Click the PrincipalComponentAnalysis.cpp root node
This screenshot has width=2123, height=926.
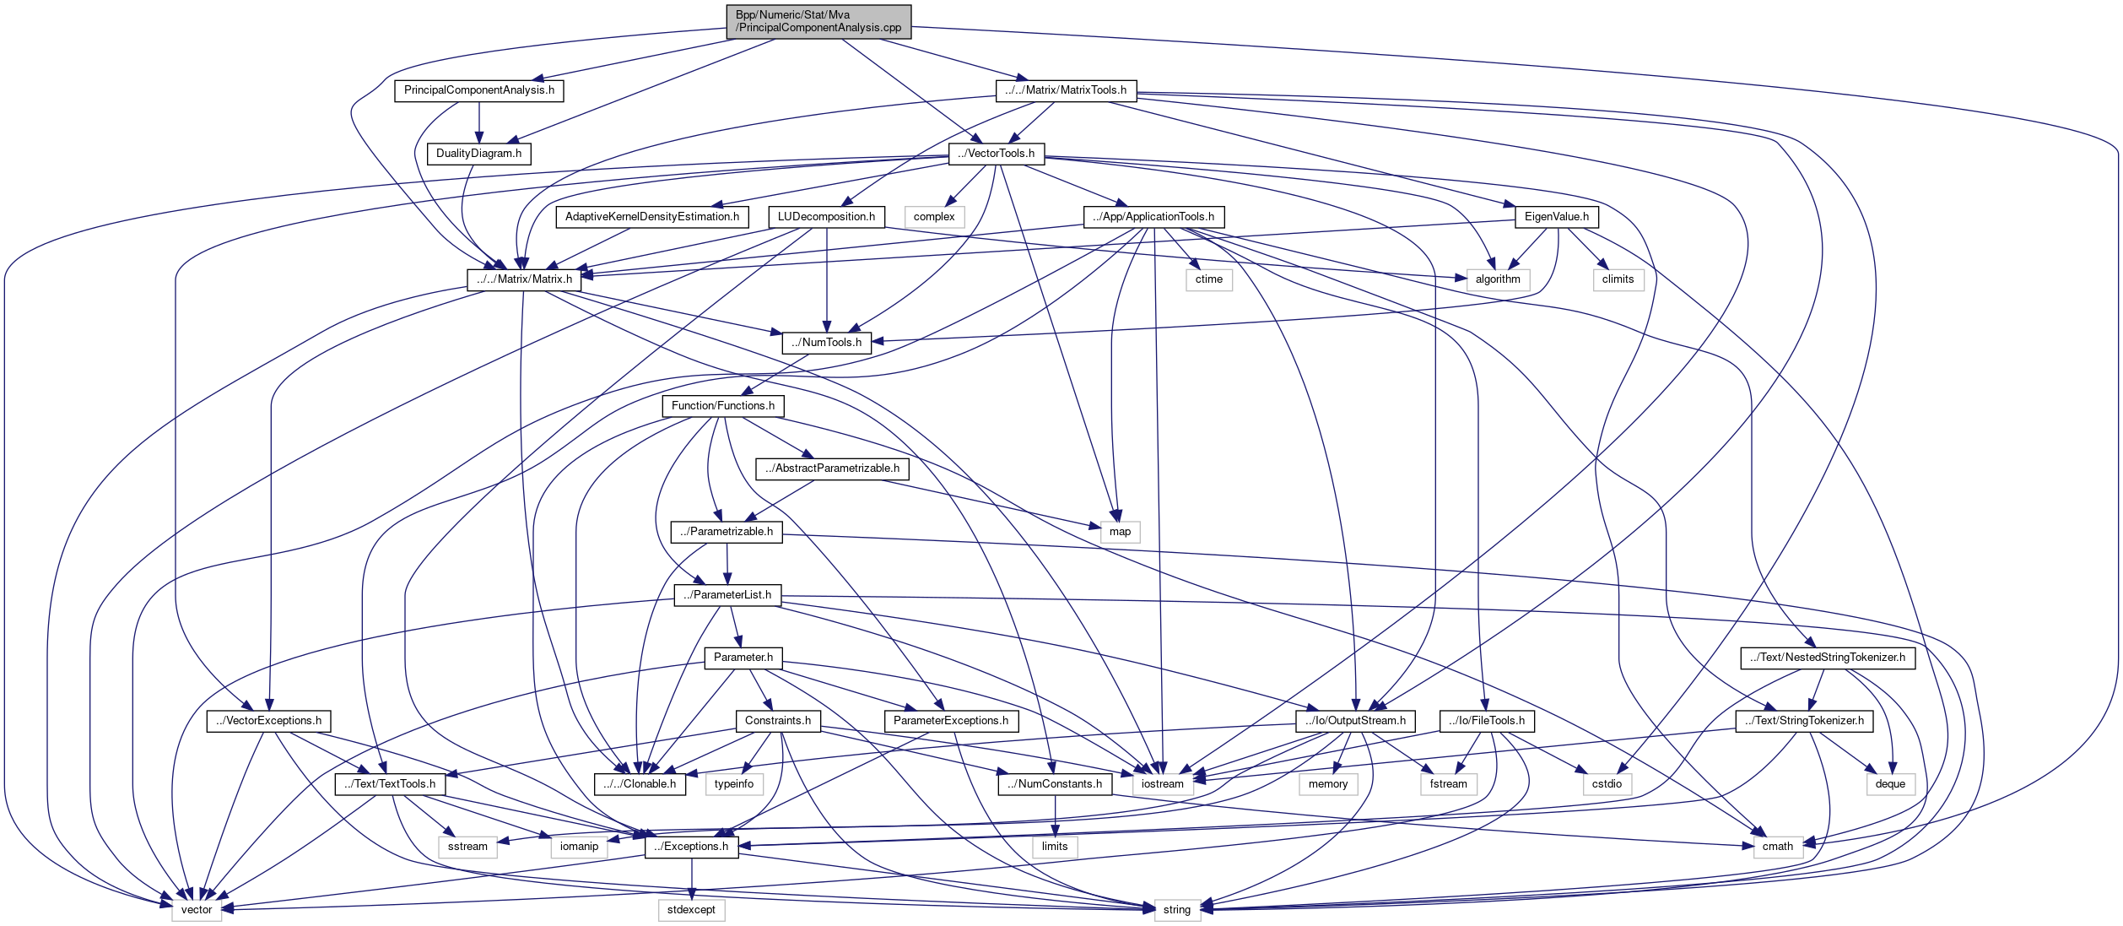point(818,21)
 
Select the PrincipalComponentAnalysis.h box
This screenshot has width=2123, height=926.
point(478,90)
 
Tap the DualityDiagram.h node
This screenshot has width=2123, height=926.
point(478,154)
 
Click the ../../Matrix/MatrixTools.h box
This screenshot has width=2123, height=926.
point(1066,90)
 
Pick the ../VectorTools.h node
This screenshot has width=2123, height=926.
point(996,154)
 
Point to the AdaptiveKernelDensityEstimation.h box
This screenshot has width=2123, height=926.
point(651,217)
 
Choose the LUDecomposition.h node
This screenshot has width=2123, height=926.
point(826,217)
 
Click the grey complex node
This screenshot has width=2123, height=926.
point(934,217)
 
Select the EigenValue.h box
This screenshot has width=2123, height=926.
point(1556,217)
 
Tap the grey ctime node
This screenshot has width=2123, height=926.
point(1208,279)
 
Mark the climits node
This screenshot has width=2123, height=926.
point(1618,279)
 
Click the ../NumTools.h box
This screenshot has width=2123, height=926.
point(826,343)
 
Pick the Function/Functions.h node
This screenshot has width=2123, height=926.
point(722,406)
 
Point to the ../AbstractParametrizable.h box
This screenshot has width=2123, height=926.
point(832,468)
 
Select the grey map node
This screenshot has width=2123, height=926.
point(1120,532)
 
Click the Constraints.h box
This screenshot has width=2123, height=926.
point(777,721)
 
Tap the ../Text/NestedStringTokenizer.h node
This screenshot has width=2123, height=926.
point(1827,658)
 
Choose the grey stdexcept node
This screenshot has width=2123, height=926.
point(691,910)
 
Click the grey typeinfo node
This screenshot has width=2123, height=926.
point(733,784)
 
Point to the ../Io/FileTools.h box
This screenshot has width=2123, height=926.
point(1486,721)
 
